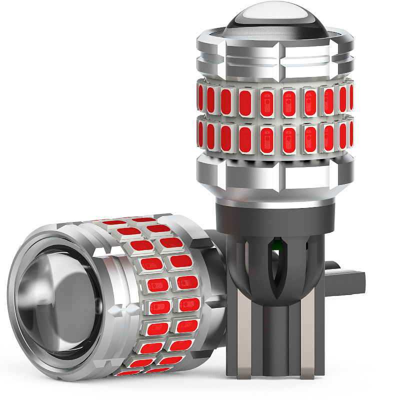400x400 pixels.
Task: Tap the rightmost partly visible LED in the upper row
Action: (x=351, y=97)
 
